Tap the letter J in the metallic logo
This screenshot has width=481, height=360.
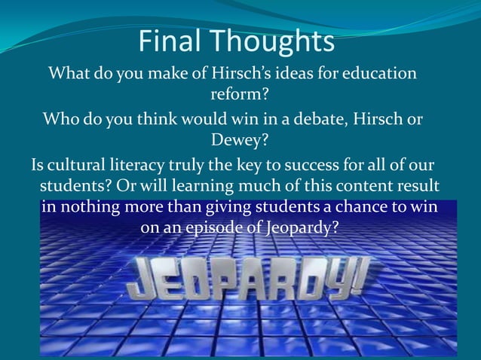[143, 280]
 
